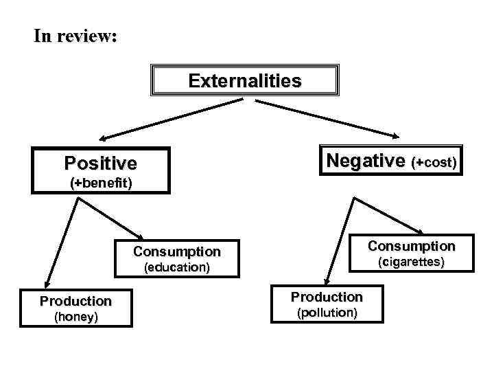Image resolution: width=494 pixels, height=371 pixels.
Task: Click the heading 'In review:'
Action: [75, 36]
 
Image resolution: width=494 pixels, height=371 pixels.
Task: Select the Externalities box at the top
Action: [245, 81]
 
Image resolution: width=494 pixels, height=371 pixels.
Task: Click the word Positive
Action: [100, 163]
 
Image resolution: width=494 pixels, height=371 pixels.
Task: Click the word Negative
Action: [366, 160]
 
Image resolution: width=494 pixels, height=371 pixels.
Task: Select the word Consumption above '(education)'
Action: [177, 251]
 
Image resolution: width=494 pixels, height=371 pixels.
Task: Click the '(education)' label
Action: [176, 267]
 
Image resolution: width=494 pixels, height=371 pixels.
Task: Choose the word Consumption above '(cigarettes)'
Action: [411, 246]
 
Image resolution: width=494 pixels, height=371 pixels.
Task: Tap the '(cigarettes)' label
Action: [411, 262]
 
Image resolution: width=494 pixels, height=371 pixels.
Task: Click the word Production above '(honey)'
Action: [75, 301]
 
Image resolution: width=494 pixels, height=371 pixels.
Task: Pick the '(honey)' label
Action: [75, 317]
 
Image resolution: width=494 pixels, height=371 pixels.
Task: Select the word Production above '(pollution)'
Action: [327, 297]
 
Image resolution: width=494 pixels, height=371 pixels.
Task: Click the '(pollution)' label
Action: [327, 313]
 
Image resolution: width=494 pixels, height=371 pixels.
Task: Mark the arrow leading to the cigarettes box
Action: [388, 215]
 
